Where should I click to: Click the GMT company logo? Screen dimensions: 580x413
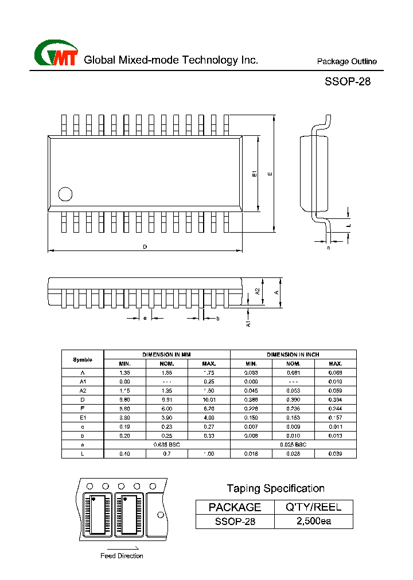click(x=56, y=54)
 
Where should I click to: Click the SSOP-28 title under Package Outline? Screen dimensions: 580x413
click(x=348, y=81)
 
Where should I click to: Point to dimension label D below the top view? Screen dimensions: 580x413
click(x=145, y=247)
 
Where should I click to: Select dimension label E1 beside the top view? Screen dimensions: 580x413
click(x=255, y=173)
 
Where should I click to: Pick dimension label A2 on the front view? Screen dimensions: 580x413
click(x=258, y=291)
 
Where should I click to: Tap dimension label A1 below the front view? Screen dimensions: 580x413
click(x=248, y=323)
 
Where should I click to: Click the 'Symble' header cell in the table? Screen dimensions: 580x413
click(x=83, y=359)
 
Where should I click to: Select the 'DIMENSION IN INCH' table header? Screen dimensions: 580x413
click(x=293, y=355)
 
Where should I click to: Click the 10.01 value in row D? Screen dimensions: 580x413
click(x=209, y=399)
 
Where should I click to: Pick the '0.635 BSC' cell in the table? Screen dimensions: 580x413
click(x=167, y=445)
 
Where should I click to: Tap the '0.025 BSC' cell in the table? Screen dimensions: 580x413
click(x=293, y=445)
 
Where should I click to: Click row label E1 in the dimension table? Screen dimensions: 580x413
click(x=83, y=418)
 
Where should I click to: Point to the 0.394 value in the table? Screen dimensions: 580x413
click(x=335, y=399)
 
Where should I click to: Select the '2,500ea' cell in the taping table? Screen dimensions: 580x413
click(x=313, y=522)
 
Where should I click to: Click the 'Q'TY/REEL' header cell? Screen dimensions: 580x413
click(x=313, y=507)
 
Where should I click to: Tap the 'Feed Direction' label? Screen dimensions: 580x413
click(x=122, y=556)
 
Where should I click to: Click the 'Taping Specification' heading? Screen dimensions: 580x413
click(x=275, y=488)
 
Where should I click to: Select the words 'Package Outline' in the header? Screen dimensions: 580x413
click(x=347, y=62)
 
